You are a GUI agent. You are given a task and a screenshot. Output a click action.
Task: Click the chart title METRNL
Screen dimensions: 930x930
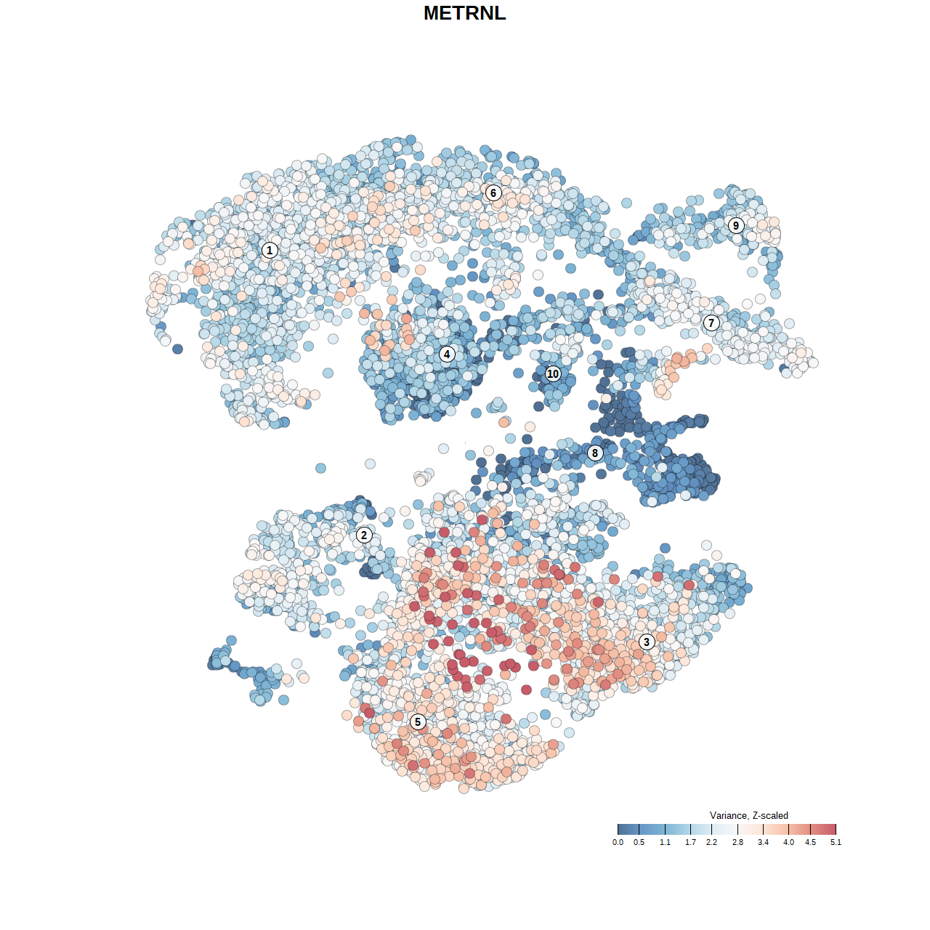tap(464, 13)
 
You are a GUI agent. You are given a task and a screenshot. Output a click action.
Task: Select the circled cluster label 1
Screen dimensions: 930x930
tap(270, 250)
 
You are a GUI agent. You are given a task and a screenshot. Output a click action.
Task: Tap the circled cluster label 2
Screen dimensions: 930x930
tap(364, 535)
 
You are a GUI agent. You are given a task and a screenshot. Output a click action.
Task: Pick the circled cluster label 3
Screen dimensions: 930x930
tap(646, 642)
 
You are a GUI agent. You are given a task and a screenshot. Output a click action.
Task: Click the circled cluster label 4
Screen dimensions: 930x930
tap(447, 354)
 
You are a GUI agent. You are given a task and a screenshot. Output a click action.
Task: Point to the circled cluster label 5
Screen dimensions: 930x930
tap(417, 721)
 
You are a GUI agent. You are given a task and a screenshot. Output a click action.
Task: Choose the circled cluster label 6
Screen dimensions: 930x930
tap(493, 193)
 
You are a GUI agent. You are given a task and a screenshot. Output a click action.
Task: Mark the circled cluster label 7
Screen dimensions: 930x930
tap(711, 323)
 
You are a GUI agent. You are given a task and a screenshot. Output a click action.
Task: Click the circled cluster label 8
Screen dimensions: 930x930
tap(595, 453)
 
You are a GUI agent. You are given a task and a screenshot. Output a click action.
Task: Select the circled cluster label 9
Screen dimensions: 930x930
tap(736, 225)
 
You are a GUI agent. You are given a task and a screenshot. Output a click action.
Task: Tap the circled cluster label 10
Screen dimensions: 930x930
tap(553, 373)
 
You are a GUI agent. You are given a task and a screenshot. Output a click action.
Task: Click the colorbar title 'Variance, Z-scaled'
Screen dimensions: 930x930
tap(748, 815)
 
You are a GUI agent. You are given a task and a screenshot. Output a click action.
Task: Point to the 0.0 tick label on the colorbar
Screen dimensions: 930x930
tap(618, 842)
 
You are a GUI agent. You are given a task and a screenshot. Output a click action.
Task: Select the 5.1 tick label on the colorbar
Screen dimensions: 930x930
tap(836, 842)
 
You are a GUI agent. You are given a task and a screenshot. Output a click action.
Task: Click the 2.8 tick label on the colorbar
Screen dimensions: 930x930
tap(737, 842)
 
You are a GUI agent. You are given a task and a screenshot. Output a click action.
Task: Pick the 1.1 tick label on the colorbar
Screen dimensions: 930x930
tap(665, 842)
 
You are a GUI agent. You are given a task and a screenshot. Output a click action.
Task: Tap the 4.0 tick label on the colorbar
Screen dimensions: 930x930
tap(788, 842)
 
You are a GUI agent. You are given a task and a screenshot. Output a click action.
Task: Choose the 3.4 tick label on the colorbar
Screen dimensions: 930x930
tap(763, 842)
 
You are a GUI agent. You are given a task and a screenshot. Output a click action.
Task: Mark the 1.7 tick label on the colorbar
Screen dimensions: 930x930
tap(690, 842)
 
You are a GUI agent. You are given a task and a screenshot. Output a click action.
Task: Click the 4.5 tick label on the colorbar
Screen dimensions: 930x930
tap(810, 842)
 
